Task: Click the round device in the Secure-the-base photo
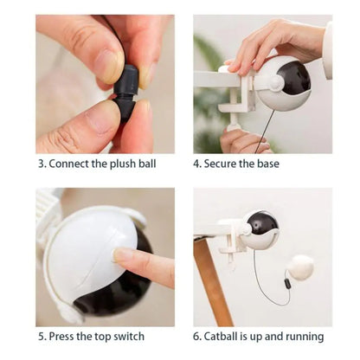(283, 83)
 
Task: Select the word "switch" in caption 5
(127, 336)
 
